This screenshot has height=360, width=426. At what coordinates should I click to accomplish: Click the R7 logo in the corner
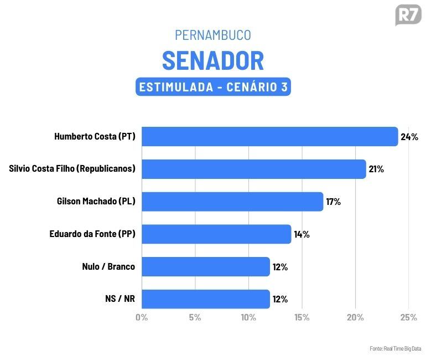coord(408,15)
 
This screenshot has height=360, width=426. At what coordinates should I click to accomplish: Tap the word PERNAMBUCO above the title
coord(213,35)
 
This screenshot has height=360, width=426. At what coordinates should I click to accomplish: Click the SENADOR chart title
coord(213,60)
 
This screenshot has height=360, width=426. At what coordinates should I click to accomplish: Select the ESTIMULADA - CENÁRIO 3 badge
coord(213,87)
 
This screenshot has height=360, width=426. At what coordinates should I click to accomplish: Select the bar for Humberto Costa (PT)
coord(270,136)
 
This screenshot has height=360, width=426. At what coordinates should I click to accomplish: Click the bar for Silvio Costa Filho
coord(254,169)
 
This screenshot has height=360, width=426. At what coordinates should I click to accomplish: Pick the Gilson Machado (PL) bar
coord(232,202)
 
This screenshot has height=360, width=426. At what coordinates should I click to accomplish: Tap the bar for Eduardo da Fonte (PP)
coord(216,234)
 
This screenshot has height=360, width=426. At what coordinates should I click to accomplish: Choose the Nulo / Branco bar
coord(206,267)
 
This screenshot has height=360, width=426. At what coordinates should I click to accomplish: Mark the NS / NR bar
coord(206,299)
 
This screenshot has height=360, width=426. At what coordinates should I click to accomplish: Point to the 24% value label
coord(409,137)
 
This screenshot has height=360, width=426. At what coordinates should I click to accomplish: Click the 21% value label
coord(377,169)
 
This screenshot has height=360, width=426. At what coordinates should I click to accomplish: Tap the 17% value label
coord(334,202)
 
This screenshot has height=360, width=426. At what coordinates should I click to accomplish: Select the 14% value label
coord(302,234)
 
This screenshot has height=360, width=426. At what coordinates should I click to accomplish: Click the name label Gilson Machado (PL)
coord(96,202)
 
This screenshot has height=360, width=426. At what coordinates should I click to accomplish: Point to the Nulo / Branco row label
coord(108,267)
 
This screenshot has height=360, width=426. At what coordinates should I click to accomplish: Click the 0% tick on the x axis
coord(142,317)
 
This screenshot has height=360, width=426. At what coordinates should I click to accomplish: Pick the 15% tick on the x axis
coord(302,317)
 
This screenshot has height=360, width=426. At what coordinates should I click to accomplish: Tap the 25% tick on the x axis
coord(408,317)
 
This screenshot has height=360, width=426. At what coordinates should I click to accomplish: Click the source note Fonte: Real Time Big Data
coord(395,348)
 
